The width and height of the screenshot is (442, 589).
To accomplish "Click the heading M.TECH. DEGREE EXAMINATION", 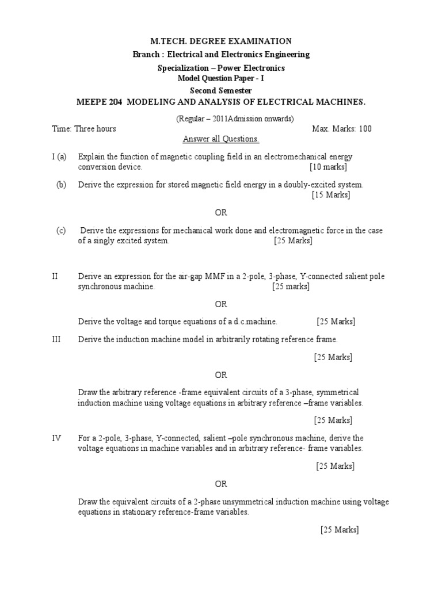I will point(221,41).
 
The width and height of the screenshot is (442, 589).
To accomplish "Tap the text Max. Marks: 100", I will point(342,128).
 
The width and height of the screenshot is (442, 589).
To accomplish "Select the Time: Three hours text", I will point(84,128).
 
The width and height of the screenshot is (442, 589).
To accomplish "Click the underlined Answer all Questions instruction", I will point(221,139).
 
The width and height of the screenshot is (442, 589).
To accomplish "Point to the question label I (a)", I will point(59,156).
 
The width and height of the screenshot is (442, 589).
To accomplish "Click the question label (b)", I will point(62,185).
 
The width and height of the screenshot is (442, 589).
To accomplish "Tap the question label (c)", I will point(62,231).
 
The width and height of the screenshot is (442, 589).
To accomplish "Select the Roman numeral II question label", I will point(55,276).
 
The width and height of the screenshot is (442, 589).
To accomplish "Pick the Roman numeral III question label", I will point(56,339).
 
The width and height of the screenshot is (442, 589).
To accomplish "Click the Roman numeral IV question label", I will point(56,438).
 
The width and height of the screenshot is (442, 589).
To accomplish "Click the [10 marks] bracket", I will point(328,167).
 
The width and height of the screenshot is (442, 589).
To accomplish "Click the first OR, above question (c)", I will point(221,213).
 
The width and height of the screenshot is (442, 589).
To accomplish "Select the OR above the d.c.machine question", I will point(221,304).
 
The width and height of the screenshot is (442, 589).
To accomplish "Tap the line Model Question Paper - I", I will point(221,79).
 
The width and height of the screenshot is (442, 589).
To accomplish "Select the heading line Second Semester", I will point(221,91).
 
